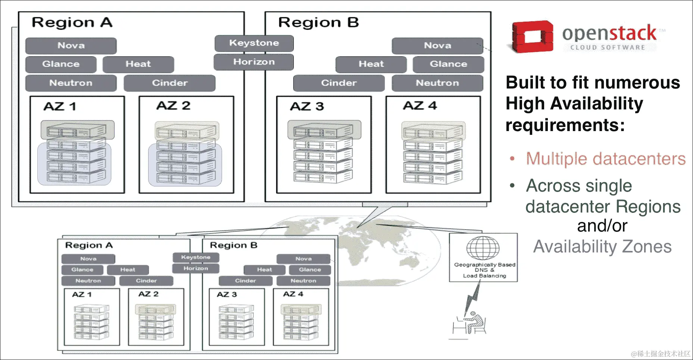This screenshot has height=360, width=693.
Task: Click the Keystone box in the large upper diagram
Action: coord(254,43)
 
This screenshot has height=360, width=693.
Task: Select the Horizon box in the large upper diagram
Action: coord(254,62)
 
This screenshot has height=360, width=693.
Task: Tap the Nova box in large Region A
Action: coord(71,46)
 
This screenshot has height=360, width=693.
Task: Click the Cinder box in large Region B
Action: coord(338,83)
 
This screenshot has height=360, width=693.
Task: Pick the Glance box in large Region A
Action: coord(61,64)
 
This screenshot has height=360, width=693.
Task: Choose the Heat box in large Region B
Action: coord(371,64)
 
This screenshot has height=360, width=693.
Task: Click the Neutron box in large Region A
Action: coord(71,83)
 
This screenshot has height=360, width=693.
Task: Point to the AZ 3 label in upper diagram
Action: coord(307,106)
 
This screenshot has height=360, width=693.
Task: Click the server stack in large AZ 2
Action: coord(186,153)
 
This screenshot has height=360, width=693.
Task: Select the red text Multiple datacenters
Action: coord(605,159)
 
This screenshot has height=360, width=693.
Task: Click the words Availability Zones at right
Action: coord(602,247)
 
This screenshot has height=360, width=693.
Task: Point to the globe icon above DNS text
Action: coord(483,248)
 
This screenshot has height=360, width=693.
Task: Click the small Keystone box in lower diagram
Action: coord(196,257)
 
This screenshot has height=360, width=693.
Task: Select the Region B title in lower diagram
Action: coord(233,245)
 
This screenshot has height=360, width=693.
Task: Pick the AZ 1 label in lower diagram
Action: coord(82,294)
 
